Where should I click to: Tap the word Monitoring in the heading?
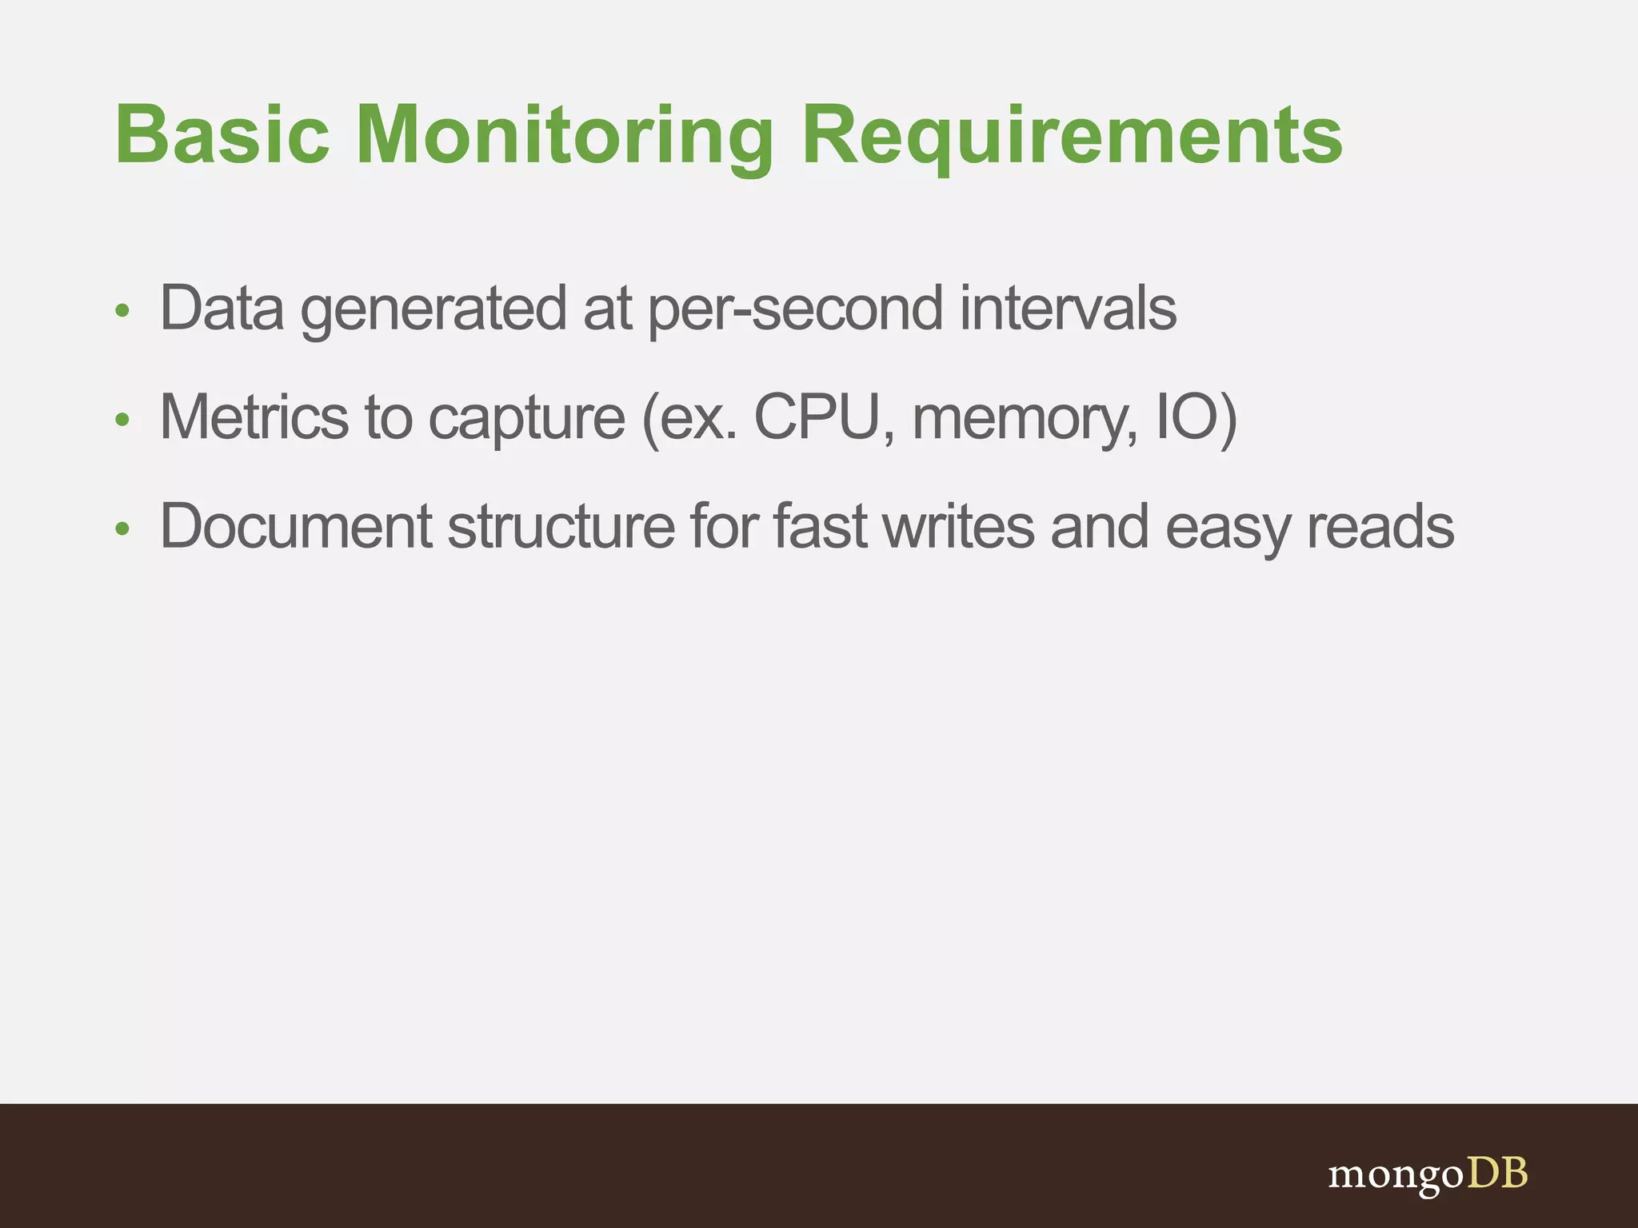click(565, 136)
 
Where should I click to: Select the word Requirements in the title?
click(1072, 136)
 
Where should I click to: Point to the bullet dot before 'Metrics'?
click(122, 420)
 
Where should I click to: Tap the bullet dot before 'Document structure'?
click(122, 528)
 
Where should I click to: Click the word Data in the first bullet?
click(222, 308)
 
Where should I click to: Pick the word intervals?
click(1068, 308)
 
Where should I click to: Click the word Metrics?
click(254, 417)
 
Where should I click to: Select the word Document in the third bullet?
click(296, 526)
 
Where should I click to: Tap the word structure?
click(561, 526)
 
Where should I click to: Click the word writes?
click(960, 526)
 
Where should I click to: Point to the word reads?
click(1380, 526)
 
